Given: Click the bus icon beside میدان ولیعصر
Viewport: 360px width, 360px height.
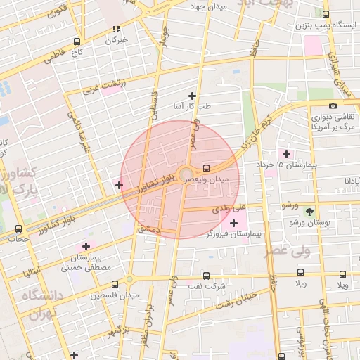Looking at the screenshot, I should click(x=206, y=168).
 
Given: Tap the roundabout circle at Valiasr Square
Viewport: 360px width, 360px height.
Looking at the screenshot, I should click(x=186, y=174).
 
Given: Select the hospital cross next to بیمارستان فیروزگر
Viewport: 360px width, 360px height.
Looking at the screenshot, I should click(x=234, y=223).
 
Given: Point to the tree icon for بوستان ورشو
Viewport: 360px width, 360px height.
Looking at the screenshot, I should click(x=309, y=211).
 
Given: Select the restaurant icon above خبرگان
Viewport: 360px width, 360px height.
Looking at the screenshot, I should click(x=116, y=30).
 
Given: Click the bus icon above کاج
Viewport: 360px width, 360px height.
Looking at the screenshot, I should click(x=76, y=41).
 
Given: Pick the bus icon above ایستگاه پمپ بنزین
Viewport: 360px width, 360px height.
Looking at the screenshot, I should click(x=326, y=13).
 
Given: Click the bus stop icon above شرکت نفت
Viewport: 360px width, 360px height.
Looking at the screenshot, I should click(x=206, y=276).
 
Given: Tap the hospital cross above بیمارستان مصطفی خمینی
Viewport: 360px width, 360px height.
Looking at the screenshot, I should click(x=86, y=246).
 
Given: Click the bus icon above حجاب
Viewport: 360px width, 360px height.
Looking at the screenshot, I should click(x=18, y=229).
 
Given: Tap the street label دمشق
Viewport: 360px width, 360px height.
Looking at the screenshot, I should click(x=149, y=230).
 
